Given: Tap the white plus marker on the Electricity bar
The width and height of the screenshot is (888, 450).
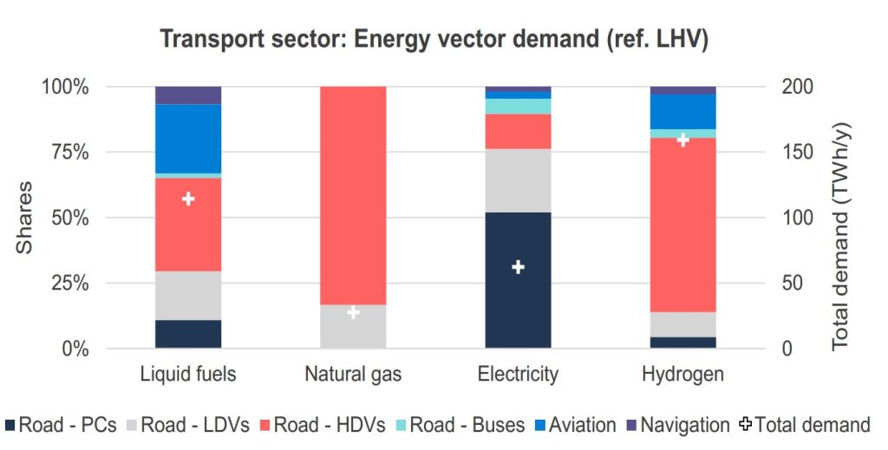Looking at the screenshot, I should [x=518, y=267].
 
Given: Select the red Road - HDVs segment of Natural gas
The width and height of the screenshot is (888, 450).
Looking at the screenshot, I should [x=353, y=195].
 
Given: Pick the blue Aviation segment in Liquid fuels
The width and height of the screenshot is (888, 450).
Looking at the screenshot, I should [x=188, y=139].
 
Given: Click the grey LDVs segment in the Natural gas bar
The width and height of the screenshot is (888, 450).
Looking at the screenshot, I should [x=353, y=327].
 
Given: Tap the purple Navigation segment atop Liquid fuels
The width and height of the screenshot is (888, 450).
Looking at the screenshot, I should [x=188, y=95].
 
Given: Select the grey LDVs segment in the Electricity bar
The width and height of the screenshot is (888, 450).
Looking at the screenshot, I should [x=518, y=180].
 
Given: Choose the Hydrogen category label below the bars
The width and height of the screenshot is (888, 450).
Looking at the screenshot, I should [x=683, y=375].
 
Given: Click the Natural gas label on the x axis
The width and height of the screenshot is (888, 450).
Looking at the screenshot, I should [x=353, y=375].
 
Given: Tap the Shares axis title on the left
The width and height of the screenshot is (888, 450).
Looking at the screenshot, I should [x=25, y=218].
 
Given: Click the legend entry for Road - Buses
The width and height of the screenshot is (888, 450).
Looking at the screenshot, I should [x=458, y=425].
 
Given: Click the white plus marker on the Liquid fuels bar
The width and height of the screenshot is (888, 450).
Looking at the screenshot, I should [x=188, y=199].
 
